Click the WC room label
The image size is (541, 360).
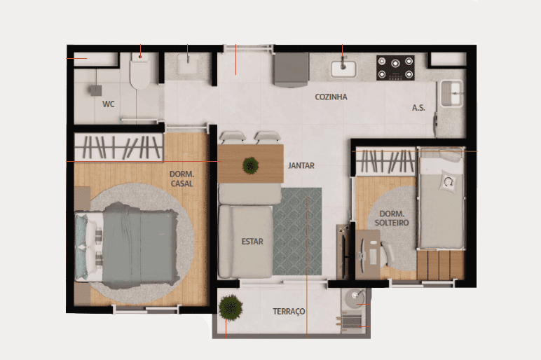coord(109,104)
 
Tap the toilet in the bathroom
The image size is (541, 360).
coord(139,71)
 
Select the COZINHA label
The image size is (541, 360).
coord(331,97)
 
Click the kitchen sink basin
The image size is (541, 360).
coord(343,69)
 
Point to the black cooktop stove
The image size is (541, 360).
coord(395,68)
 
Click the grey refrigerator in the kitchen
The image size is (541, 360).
coord(291,69)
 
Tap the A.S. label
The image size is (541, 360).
coord(418,108)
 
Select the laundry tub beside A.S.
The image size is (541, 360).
coord(451,93)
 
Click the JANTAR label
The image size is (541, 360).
coord(301,166)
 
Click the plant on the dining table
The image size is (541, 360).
coord(251,165)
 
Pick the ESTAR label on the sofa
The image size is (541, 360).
coord(252,242)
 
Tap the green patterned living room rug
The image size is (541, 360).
coord(297,231)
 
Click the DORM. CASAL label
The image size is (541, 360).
coord(182,179)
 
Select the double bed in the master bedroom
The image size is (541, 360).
coord(127,245)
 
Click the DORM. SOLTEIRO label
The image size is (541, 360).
coord(392,219)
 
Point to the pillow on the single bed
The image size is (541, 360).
coord(448,181)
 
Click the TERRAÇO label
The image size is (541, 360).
coord(289,312)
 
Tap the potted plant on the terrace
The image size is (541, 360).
coord(231,307)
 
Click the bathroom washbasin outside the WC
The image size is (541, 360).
coord(188,64)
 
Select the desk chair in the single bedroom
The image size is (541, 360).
coord(388,254)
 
